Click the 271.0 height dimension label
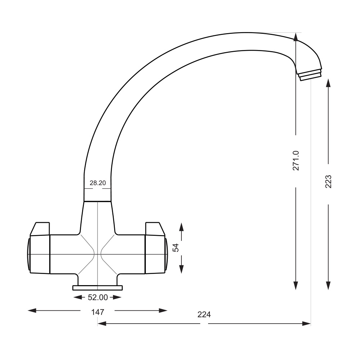(x=296, y=161)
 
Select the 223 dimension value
(x=328, y=181)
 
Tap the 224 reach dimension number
(x=204, y=314)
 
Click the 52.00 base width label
(x=98, y=297)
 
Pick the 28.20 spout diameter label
(x=98, y=183)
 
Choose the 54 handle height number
(x=176, y=248)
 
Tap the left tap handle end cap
(x=28, y=254)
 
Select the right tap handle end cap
(x=166, y=254)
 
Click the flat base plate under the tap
(x=98, y=288)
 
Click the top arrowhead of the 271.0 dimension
(x=296, y=36)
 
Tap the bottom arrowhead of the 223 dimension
(x=328, y=285)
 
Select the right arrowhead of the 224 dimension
(x=307, y=324)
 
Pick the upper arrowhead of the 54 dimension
(x=181, y=227)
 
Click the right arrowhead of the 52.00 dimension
(x=117, y=297)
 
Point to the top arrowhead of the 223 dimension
(x=328, y=83)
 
